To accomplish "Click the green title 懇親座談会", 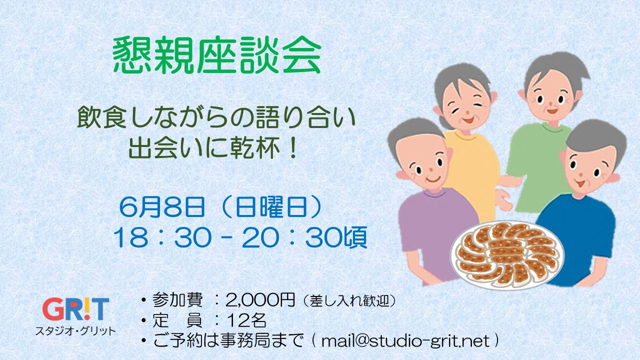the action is [217, 55].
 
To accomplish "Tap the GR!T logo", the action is [75, 309].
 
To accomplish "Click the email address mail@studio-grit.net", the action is [405, 341].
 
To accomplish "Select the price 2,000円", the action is [260, 300].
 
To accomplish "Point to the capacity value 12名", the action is [246, 320].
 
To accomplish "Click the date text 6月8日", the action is [162, 207].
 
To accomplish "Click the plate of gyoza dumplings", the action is [507, 254].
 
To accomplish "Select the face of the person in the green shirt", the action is [550, 97].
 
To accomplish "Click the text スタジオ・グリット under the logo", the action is [75, 331].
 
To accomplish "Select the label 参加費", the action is [177, 300].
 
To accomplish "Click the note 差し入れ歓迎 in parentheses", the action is [349, 300].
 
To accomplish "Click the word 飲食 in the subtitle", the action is [102, 117].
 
